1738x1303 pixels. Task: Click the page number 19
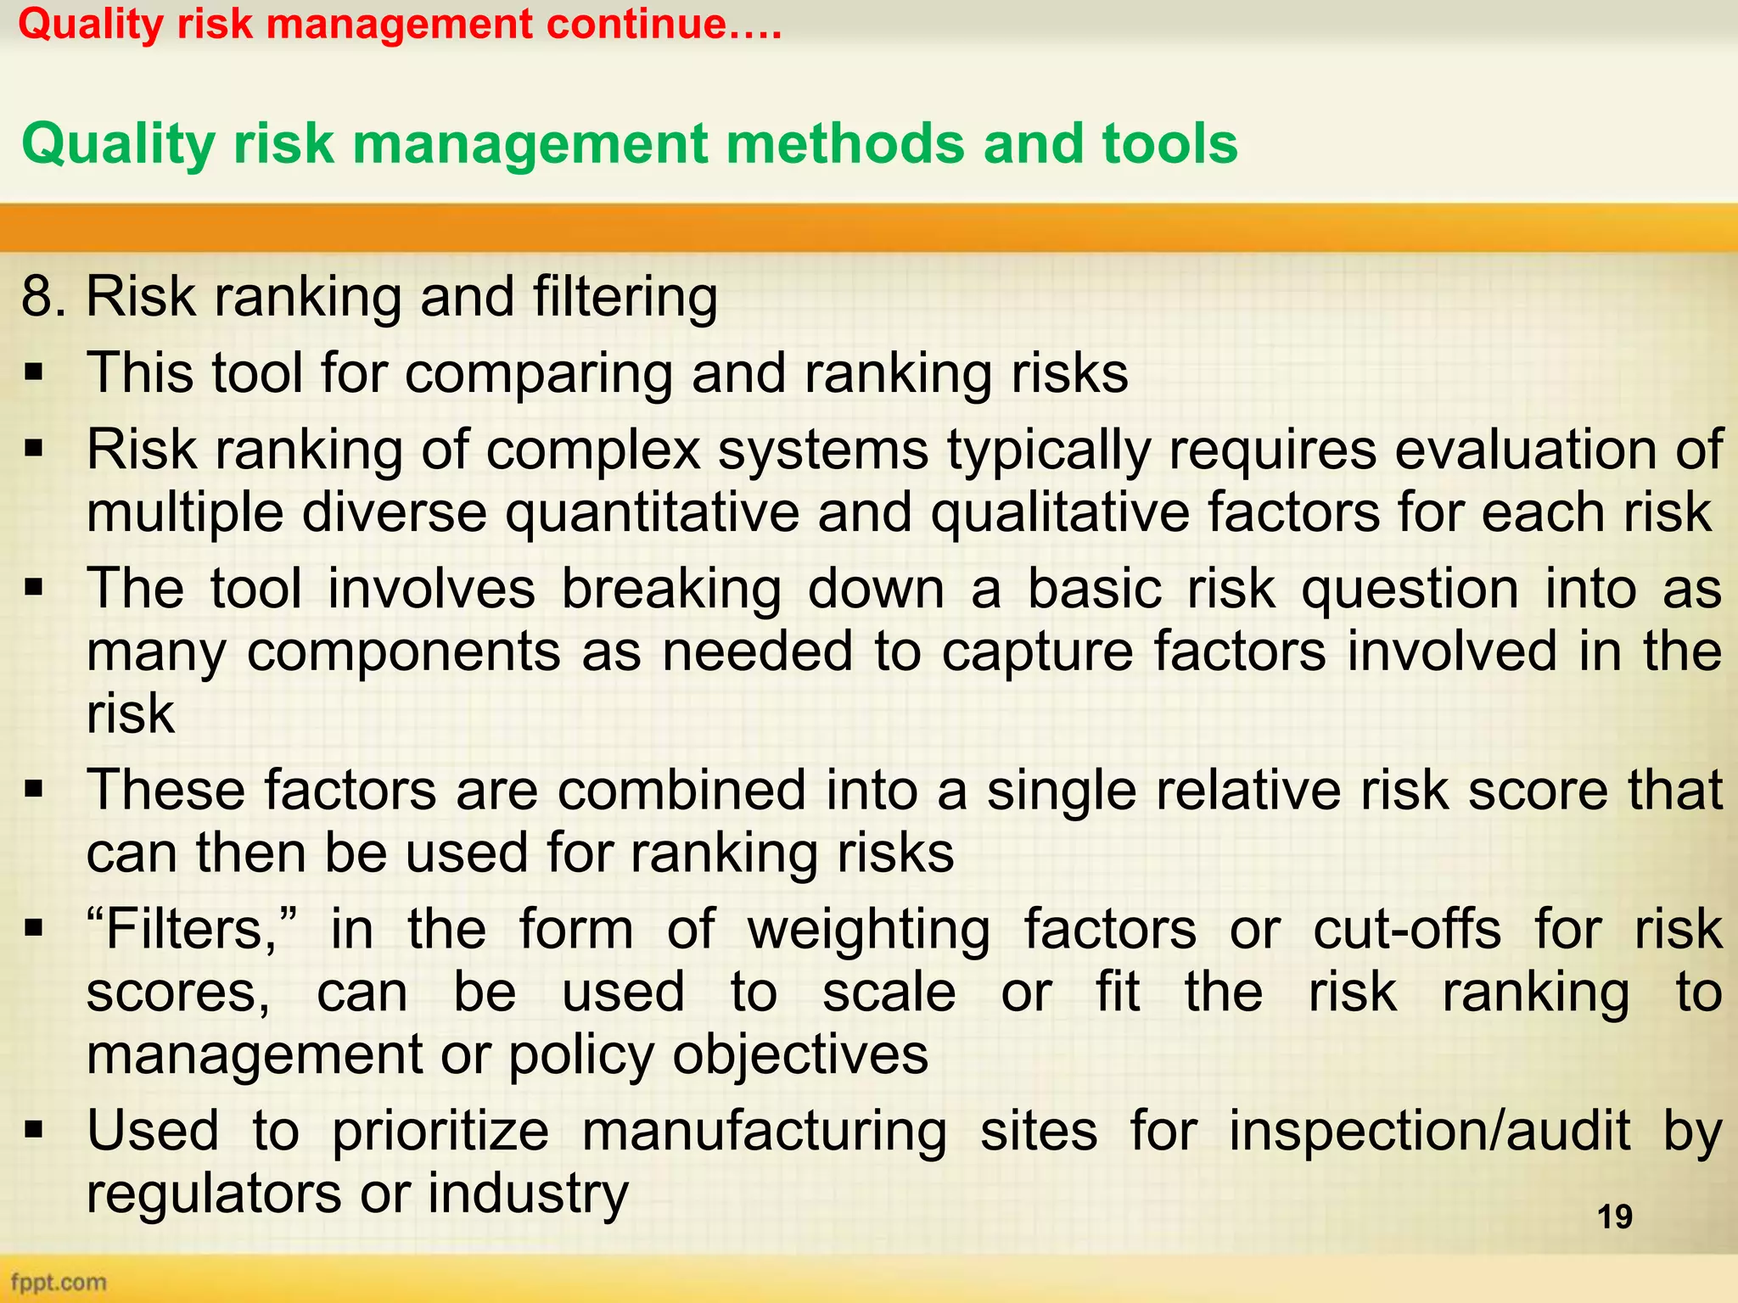[1614, 1216]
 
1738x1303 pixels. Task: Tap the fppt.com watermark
[59, 1282]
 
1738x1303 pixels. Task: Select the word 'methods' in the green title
[844, 143]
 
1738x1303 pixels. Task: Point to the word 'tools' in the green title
[1169, 143]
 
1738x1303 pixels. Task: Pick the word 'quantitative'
[653, 513]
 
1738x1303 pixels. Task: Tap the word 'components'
[403, 651]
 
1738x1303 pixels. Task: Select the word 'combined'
[681, 791]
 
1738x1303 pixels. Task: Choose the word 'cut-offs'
[1407, 929]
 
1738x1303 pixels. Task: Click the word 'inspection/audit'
[1429, 1131]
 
